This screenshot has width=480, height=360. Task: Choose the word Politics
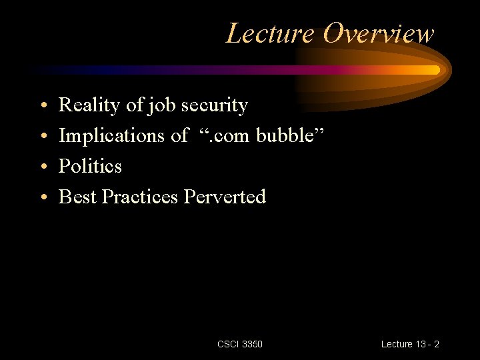coord(90,166)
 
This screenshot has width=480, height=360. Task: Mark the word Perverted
coord(225,197)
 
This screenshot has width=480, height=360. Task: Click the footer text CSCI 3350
coord(240,344)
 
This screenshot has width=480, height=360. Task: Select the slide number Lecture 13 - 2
coord(410,344)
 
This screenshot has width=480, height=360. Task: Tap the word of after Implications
coord(179,136)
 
